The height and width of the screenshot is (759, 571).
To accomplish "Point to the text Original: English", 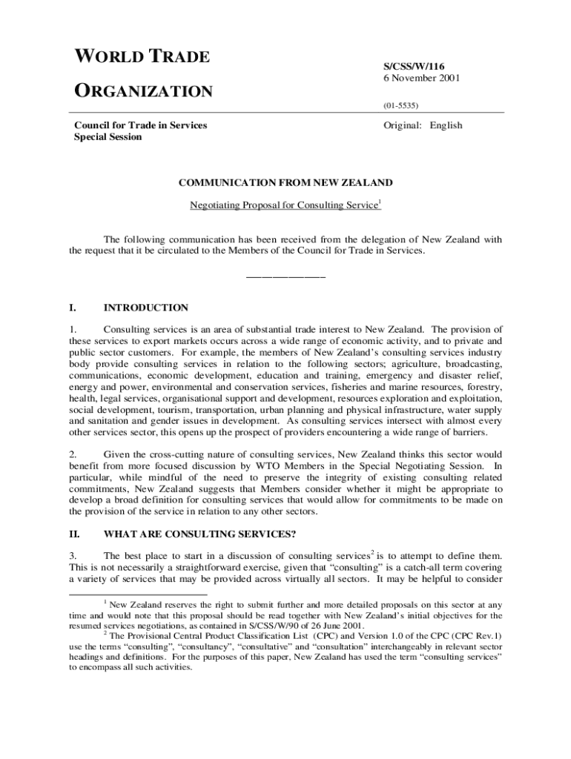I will pyautogui.click(x=422, y=125).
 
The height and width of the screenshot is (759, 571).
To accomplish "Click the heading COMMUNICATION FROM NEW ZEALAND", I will pyautogui.click(x=284, y=182).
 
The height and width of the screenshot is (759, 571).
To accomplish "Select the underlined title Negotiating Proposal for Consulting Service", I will pyautogui.click(x=284, y=205).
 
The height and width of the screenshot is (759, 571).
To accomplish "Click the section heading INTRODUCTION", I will pyautogui.click(x=146, y=308).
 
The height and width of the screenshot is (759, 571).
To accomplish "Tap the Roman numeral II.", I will pyautogui.click(x=74, y=532).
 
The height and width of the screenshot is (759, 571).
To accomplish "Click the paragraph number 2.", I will pyautogui.click(x=73, y=454).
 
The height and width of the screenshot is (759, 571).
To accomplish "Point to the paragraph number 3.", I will pyautogui.click(x=73, y=556).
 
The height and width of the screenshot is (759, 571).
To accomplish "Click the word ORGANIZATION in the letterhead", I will pyautogui.click(x=143, y=92).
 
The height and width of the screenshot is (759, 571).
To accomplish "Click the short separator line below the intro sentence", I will pyautogui.click(x=285, y=276).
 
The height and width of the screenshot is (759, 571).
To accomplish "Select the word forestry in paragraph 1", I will pyautogui.click(x=483, y=387).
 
